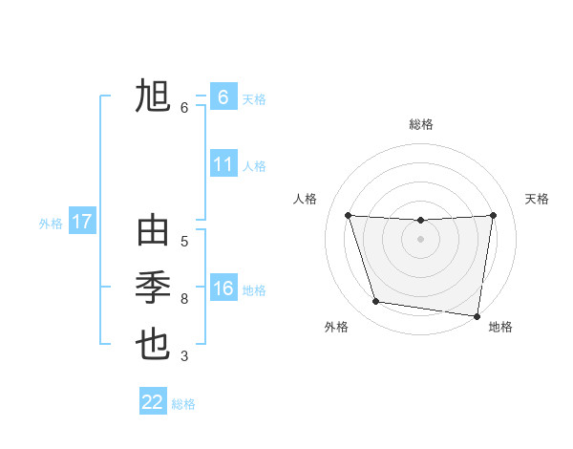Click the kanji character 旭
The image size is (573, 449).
tap(153, 97)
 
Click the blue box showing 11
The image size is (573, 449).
tap(223, 164)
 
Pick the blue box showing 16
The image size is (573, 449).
tap(223, 289)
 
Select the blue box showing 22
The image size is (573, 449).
tap(153, 402)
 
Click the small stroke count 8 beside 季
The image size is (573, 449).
tap(184, 299)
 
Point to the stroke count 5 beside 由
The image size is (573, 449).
tap(184, 242)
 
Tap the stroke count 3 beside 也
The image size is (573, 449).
tap(184, 356)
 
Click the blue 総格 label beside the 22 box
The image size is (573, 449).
tap(183, 404)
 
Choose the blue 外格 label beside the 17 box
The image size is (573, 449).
tap(51, 224)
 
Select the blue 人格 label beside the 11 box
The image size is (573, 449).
tap(254, 166)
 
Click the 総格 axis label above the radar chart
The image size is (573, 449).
tap(420, 124)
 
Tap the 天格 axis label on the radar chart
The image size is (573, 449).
tap(538, 199)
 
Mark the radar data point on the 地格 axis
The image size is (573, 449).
tap(477, 315)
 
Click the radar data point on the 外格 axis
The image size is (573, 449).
tap(376, 302)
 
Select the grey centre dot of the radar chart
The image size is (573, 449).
tap(420, 239)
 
